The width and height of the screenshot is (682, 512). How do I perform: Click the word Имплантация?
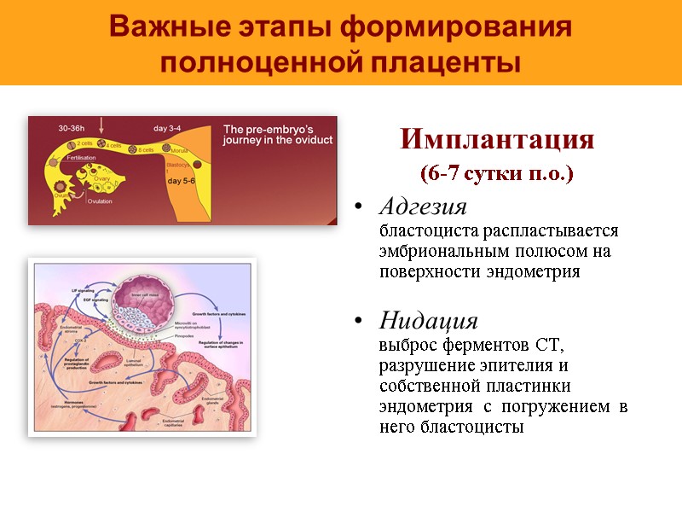[x=497, y=140]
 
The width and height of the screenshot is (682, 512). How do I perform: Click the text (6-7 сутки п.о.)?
[x=497, y=174]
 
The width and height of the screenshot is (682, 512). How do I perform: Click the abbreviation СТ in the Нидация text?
[x=550, y=346]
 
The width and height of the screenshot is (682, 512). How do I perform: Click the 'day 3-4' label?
[x=166, y=128]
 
